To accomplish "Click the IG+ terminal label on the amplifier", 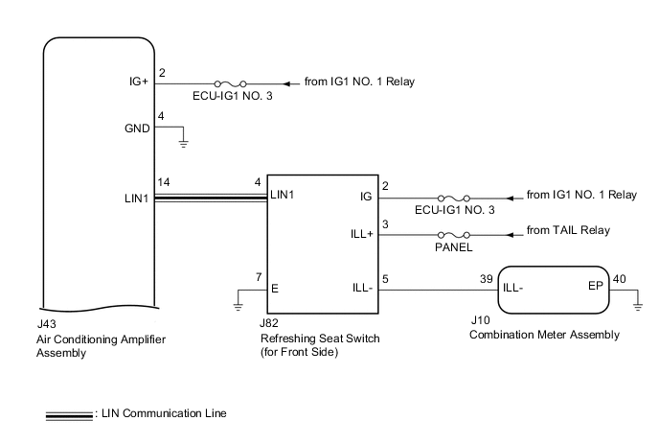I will click(138, 83).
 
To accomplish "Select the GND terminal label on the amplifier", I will click(137, 129).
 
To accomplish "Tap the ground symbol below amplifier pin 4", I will click(184, 143).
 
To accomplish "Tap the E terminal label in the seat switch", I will click(276, 287).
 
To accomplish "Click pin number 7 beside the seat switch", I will click(258, 277).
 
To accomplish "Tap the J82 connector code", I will click(270, 325).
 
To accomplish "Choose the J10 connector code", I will click(480, 323).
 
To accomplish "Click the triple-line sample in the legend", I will click(69, 414).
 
